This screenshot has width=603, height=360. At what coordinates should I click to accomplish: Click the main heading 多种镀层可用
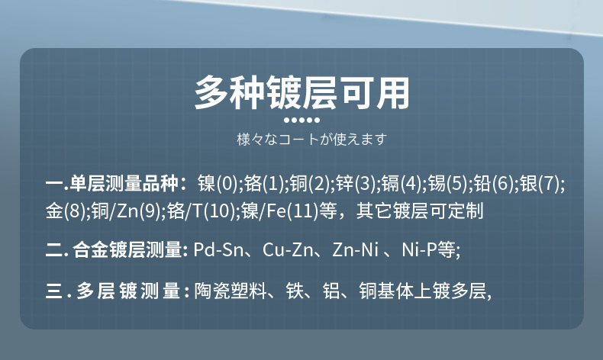tap(302, 92)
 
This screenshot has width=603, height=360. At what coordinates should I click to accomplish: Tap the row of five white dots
tap(302, 121)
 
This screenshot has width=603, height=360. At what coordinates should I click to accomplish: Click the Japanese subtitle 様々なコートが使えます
tap(311, 139)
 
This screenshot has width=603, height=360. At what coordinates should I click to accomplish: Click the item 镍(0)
tap(218, 183)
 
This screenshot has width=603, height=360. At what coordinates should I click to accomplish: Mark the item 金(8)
tap(66, 211)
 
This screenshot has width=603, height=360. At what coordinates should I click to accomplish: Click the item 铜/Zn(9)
tap(126, 211)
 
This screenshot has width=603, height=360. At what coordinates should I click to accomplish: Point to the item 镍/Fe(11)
tap(280, 211)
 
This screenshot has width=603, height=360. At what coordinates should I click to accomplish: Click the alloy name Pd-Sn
tap(218, 249)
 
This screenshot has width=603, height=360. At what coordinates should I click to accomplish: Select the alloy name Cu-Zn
tap(288, 249)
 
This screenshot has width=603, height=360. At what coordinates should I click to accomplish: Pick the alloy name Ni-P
tap(419, 249)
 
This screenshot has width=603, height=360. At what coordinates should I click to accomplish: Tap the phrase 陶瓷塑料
tap(231, 291)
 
